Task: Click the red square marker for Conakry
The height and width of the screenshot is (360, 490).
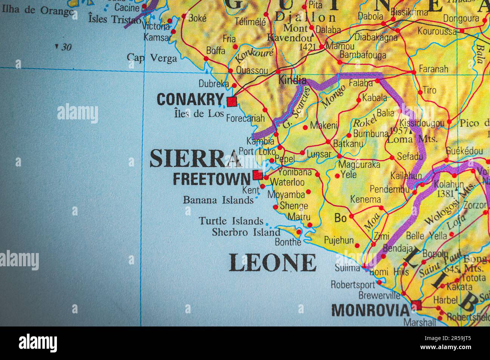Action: point(231,102)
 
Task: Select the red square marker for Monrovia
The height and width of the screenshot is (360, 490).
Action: point(416,305)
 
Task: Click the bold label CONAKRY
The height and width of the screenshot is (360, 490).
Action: point(190,100)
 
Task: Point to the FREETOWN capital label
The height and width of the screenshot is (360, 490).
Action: point(211,179)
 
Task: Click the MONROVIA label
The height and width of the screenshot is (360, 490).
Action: point(370,310)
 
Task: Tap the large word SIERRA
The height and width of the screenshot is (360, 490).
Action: point(195,159)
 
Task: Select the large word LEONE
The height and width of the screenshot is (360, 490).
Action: point(273,263)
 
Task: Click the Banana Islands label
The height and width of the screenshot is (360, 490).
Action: point(218,200)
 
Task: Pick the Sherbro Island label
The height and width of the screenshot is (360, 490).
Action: point(246,232)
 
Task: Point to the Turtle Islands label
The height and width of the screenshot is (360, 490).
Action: point(231,221)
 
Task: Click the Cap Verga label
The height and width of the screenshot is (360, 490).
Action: point(152,58)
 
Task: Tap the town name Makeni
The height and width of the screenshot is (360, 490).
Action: point(324,126)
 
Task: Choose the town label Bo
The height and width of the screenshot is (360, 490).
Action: point(340,218)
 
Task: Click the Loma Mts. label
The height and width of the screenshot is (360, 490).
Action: point(412,139)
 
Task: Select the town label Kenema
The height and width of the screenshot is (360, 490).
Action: point(365,200)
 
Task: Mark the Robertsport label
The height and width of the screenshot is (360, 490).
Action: point(353,284)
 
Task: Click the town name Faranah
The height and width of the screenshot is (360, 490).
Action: point(434,69)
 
